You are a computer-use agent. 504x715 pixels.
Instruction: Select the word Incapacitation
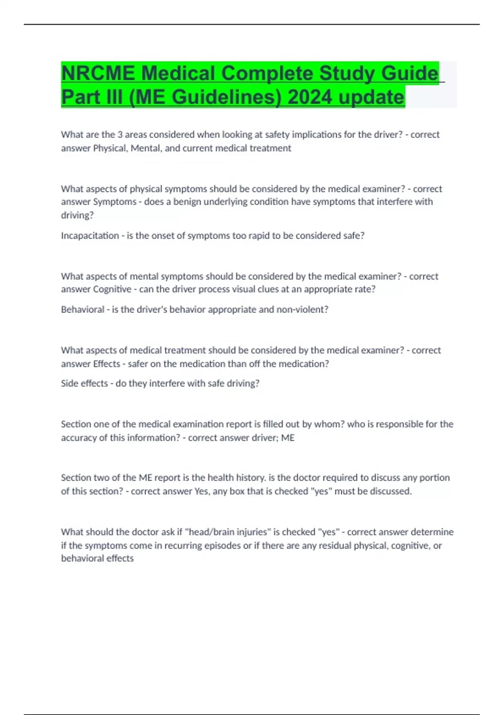click(90, 236)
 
